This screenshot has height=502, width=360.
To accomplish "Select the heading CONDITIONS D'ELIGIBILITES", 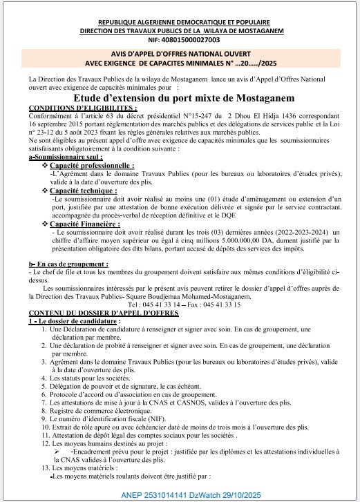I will coord(82,108).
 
